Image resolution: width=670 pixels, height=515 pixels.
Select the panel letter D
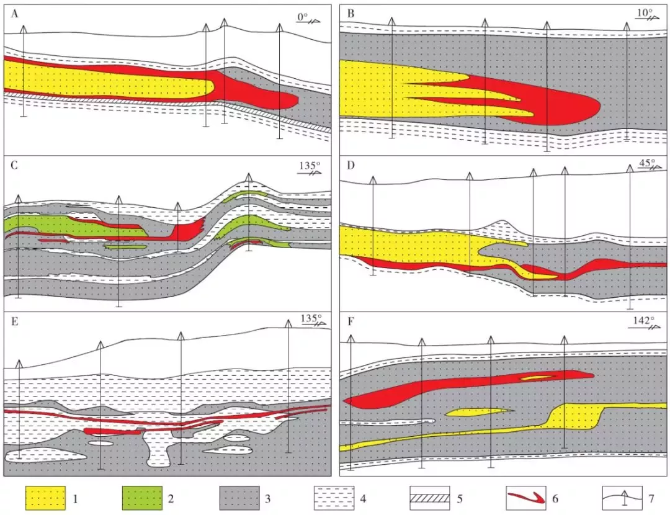point(351,166)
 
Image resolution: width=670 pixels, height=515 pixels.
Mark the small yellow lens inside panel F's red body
point(537,376)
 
